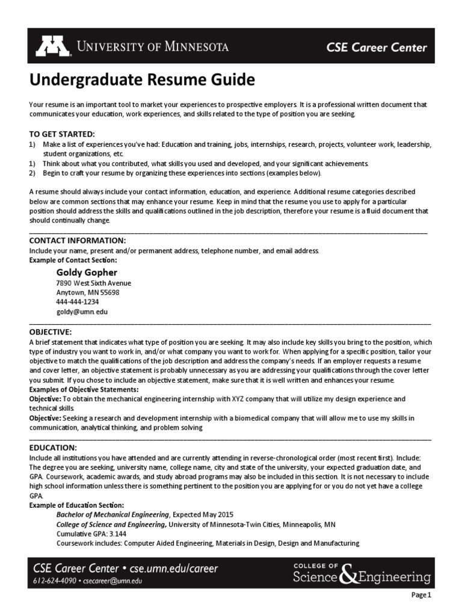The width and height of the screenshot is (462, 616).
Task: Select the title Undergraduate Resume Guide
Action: [134, 79]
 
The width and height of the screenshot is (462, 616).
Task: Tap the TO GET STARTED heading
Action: [63, 134]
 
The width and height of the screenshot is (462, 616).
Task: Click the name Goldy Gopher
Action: [87, 273]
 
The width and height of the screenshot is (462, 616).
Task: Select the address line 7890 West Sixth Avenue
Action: [93, 283]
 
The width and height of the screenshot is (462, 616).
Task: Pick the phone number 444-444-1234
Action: [78, 302]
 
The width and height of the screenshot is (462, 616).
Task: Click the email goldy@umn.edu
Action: [82, 312]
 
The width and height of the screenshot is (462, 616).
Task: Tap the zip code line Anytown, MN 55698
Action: [88, 292]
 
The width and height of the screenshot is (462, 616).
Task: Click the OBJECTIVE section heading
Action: [51, 331]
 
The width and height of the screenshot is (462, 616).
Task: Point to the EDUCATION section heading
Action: [53, 448]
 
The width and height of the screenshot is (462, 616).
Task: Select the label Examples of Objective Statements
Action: [84, 389]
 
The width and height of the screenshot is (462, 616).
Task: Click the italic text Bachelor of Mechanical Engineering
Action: [112, 514]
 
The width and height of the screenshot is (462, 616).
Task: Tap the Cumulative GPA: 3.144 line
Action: [87, 534]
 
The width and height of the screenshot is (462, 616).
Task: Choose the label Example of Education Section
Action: [77, 505]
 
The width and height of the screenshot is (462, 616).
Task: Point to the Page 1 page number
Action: [421, 596]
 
